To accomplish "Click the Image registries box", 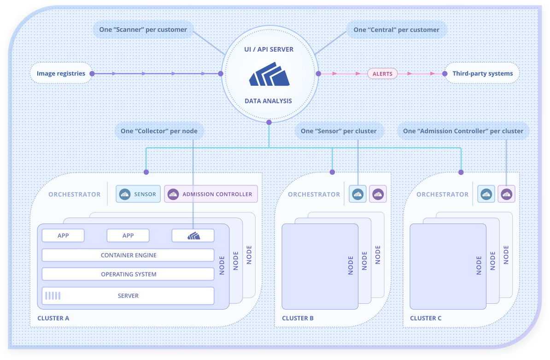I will click(x=61, y=73).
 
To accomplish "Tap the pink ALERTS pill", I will click(x=382, y=74).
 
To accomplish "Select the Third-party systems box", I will click(x=482, y=74).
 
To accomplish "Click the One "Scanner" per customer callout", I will click(x=143, y=30).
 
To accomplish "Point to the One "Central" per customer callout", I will click(x=396, y=30).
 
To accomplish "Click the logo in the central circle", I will click(x=269, y=75).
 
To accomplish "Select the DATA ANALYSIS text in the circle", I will click(x=268, y=101).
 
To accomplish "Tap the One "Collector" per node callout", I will click(x=159, y=131).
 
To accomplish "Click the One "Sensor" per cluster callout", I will click(x=339, y=131).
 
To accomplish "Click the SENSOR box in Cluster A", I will click(x=138, y=194).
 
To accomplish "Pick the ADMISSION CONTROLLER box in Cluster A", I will click(x=211, y=194).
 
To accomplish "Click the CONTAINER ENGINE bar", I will click(x=128, y=255).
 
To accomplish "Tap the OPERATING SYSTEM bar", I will click(x=128, y=274).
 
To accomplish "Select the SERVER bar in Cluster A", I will click(x=128, y=295).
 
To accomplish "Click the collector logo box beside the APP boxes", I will click(x=193, y=236).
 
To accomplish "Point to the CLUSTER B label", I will click(x=298, y=318).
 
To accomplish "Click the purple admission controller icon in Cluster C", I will click(x=506, y=194).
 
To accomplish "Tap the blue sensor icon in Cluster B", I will click(x=358, y=194).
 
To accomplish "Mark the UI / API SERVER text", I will click(x=269, y=49).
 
